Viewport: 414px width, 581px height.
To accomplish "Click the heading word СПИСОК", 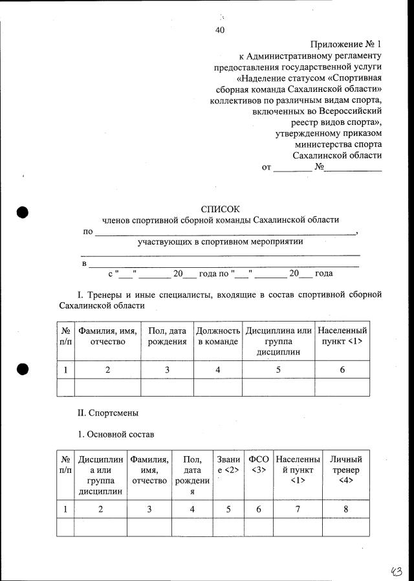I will coord(220,209).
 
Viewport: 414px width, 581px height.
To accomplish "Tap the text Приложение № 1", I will coord(346,44).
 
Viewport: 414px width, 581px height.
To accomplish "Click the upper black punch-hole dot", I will coord(23,213).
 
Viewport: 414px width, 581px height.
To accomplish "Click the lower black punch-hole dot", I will coord(23,368).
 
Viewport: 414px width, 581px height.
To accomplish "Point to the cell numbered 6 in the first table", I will coord(342,369).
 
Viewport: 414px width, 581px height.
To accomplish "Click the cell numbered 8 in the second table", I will coord(346,509).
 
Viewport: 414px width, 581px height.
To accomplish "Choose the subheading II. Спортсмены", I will coord(108,412).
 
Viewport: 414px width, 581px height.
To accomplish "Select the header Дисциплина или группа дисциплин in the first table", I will coord(278,342).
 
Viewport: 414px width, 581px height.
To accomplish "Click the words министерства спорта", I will coord(338,144).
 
